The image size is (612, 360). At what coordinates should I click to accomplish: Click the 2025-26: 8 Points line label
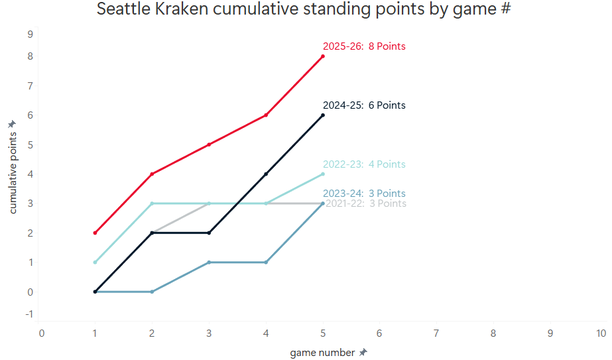(x=363, y=46)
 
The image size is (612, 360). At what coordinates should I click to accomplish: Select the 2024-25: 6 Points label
(x=363, y=105)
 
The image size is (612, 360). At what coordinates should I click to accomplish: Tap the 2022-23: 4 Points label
(x=363, y=164)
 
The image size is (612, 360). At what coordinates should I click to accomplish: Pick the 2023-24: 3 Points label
(x=363, y=194)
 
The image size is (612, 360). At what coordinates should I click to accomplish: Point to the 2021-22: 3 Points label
(x=366, y=204)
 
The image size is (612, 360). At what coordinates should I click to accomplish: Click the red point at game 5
(x=323, y=56)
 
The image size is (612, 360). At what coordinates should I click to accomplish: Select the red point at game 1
(x=95, y=233)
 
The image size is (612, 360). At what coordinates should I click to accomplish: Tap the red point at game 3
(x=210, y=145)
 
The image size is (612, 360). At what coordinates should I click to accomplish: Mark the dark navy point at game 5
(x=323, y=115)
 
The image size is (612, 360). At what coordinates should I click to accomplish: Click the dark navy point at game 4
(x=266, y=174)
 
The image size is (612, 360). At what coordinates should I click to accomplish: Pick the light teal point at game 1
(x=95, y=263)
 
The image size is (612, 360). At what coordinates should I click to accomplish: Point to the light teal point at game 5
(x=323, y=174)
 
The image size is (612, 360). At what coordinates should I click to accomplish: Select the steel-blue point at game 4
(x=266, y=263)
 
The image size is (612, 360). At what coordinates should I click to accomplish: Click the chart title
(x=305, y=9)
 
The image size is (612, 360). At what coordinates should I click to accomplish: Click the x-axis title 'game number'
(x=322, y=353)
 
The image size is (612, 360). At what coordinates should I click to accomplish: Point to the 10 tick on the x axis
(x=601, y=333)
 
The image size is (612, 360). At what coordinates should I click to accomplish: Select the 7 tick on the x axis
(x=436, y=333)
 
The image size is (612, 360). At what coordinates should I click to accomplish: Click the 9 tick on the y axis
(x=30, y=34)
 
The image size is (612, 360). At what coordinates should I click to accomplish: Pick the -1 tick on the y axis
(x=29, y=314)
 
